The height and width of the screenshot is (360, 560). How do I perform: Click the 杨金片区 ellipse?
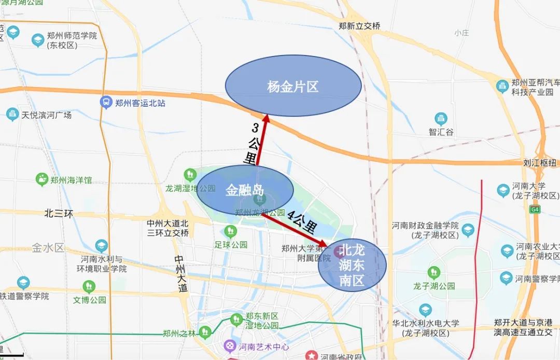pyautogui.click(x=293, y=86)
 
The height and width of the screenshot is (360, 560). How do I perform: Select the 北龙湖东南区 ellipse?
pyautogui.click(x=353, y=265)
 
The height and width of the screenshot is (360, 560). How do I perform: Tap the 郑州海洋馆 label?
pyautogui.click(x=71, y=180)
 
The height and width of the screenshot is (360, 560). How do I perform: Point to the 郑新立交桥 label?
pyautogui.click(x=359, y=26)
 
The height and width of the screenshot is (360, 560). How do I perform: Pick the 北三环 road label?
pyautogui.click(x=59, y=213)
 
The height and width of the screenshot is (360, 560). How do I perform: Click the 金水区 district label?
pyautogui.click(x=48, y=247)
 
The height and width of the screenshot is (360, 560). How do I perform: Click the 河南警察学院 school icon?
pyautogui.click(x=507, y=279)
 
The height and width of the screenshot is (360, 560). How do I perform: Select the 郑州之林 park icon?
pyautogui.click(x=205, y=331)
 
